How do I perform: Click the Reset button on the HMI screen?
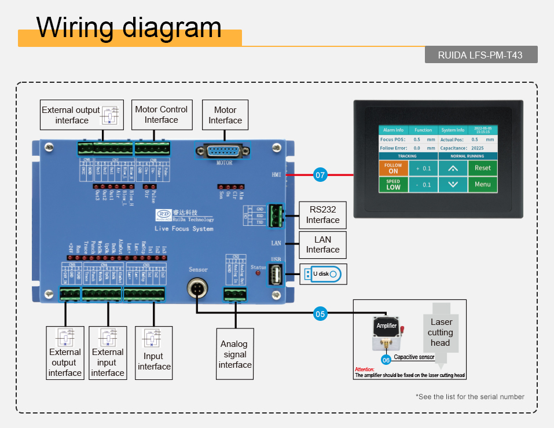pyautogui.click(x=482, y=168)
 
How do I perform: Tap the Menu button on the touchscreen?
pyautogui.click(x=482, y=185)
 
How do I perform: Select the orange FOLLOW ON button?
pyautogui.click(x=393, y=168)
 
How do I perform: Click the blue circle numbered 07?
pyautogui.click(x=320, y=174)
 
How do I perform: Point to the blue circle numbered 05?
pyautogui.click(x=320, y=314)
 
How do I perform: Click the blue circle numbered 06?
pyautogui.click(x=386, y=360)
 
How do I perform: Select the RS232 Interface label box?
pyautogui.click(x=322, y=215)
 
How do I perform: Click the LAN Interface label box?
pyautogui.click(x=322, y=244)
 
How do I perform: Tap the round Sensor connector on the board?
pyautogui.click(x=197, y=287)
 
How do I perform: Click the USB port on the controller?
pyautogui.click(x=276, y=274)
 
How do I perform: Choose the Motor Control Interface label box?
pyautogui.click(x=161, y=114)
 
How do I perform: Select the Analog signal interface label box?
pyautogui.click(x=235, y=354)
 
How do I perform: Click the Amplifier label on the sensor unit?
pyautogui.click(x=387, y=325)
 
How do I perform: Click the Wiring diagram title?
pyautogui.click(x=129, y=27)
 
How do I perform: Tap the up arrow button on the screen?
pyautogui.click(x=452, y=169)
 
